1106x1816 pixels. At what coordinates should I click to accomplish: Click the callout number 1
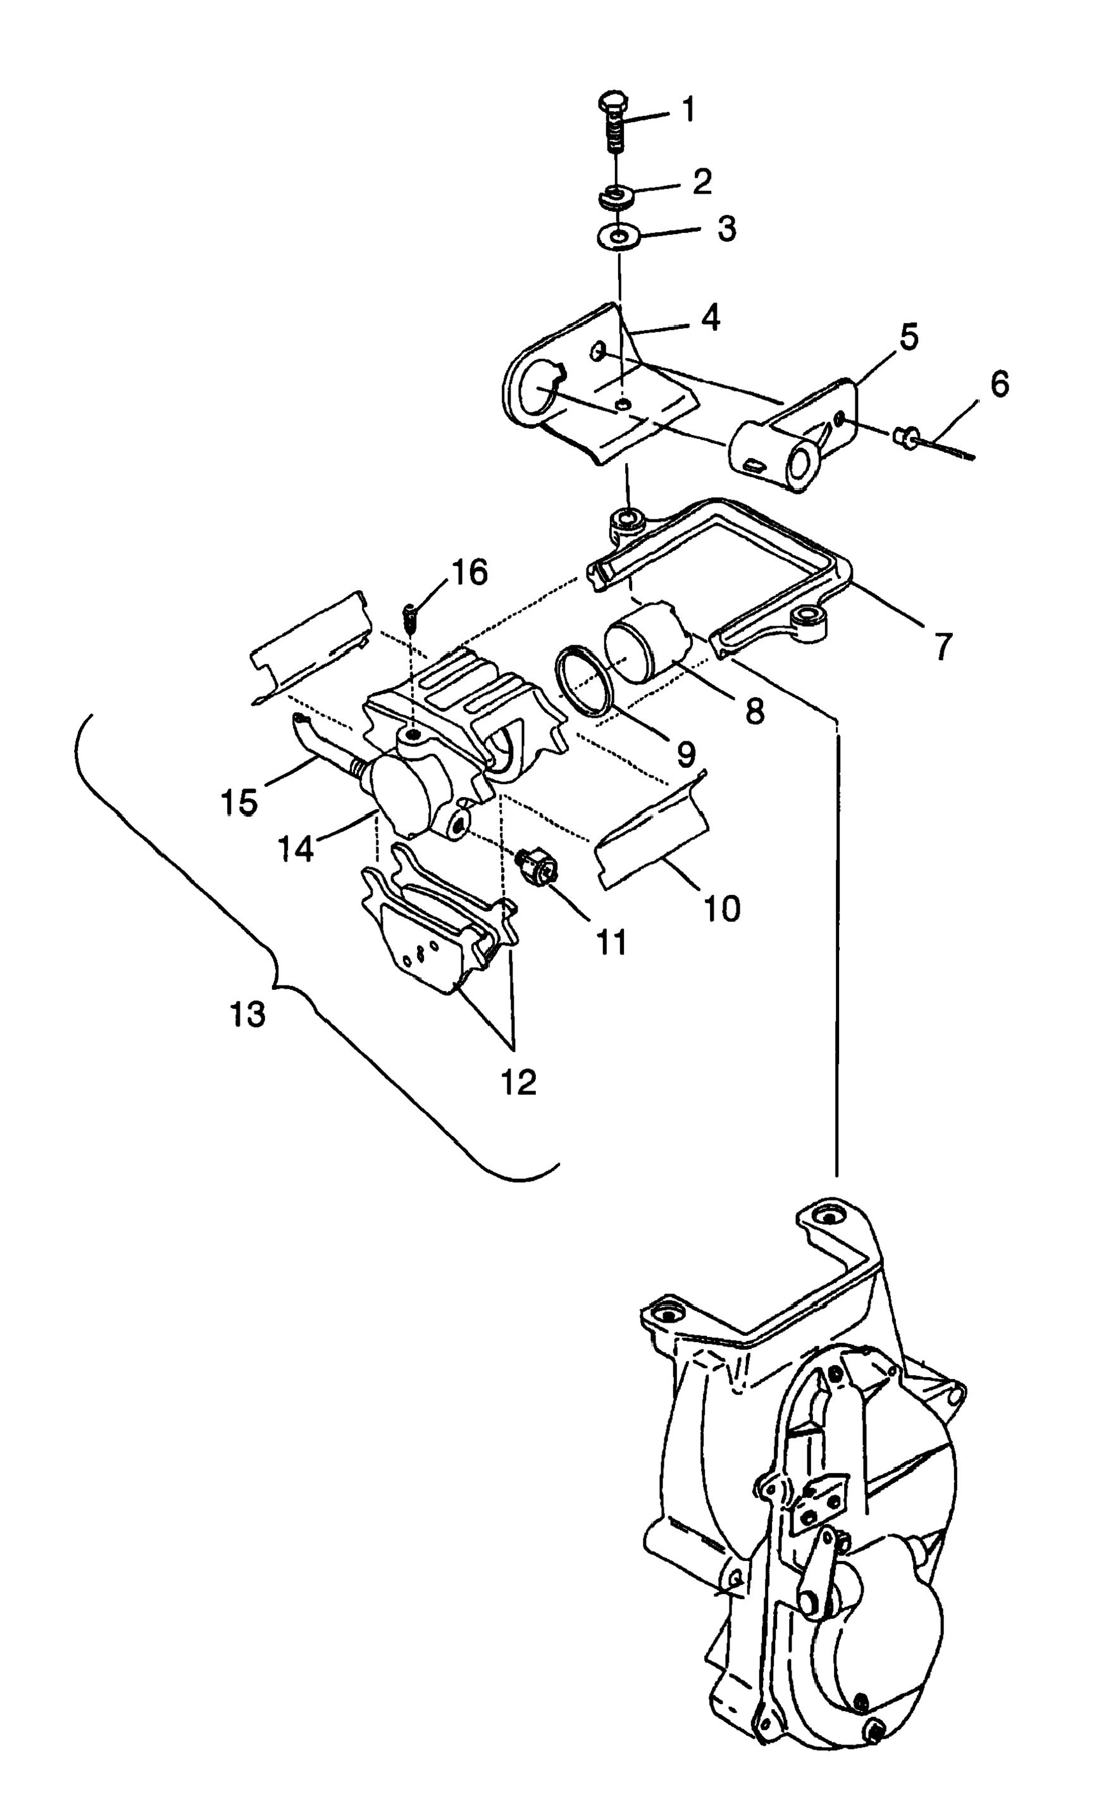688,111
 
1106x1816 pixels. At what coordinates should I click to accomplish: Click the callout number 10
721,909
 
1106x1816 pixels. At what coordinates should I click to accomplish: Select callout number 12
518,1082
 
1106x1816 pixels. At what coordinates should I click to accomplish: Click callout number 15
239,802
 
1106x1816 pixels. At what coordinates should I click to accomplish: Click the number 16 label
469,572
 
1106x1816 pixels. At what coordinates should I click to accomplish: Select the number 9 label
685,753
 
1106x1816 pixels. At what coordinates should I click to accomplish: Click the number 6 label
998,384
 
